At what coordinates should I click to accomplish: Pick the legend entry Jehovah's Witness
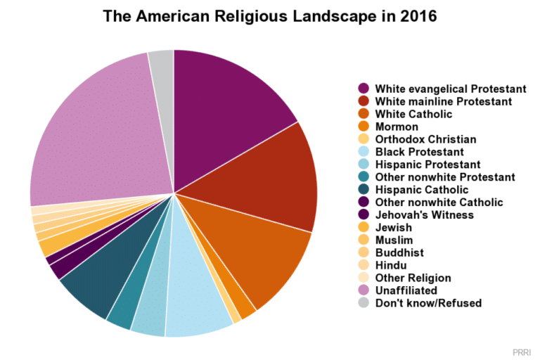pyautogui.click(x=424, y=215)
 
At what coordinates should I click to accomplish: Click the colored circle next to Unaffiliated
pyautogui.click(x=364, y=290)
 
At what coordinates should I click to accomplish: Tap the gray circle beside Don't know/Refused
pyautogui.click(x=364, y=303)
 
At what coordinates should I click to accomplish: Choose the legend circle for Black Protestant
pyautogui.click(x=364, y=152)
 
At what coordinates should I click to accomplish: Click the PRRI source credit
pyautogui.click(x=522, y=350)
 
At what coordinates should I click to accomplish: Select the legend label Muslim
pyautogui.click(x=394, y=240)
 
